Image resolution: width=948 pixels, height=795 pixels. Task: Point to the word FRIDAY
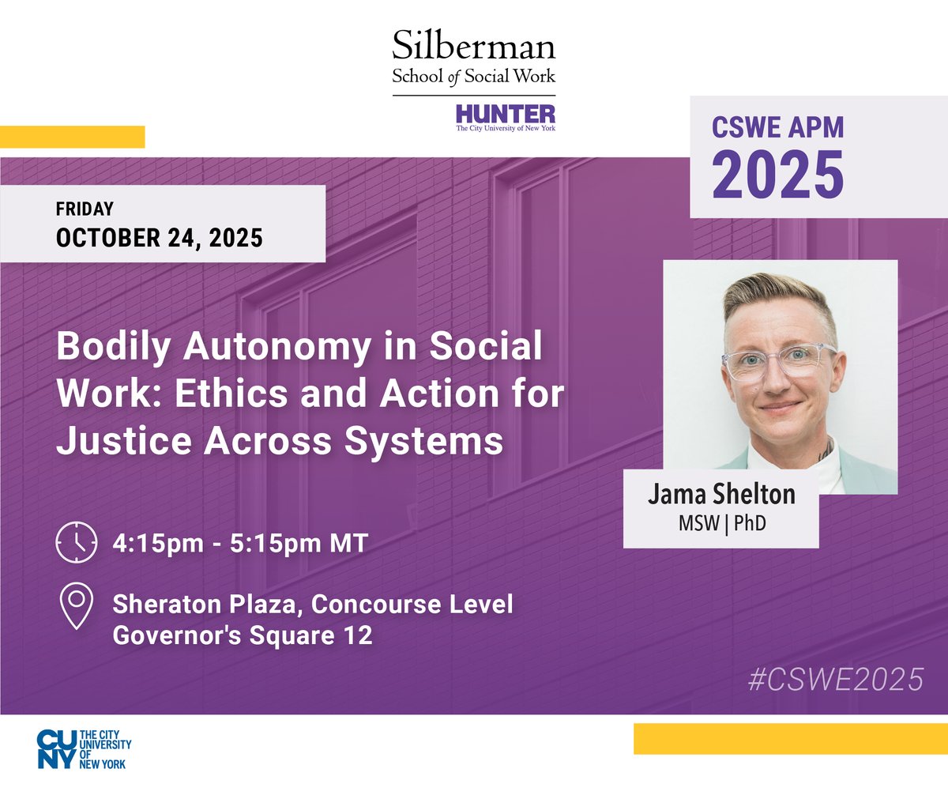[85, 209]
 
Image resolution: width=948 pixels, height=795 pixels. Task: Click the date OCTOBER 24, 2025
[159, 237]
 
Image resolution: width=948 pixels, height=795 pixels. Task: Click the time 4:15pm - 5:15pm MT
[240, 544]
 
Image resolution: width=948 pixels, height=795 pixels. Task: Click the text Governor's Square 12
[243, 635]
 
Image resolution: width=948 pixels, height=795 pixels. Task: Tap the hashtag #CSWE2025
[835, 680]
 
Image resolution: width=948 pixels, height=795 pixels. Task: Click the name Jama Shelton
[721, 495]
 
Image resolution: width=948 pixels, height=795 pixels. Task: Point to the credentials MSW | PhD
[721, 523]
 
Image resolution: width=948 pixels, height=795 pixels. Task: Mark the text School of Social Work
[474, 77]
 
